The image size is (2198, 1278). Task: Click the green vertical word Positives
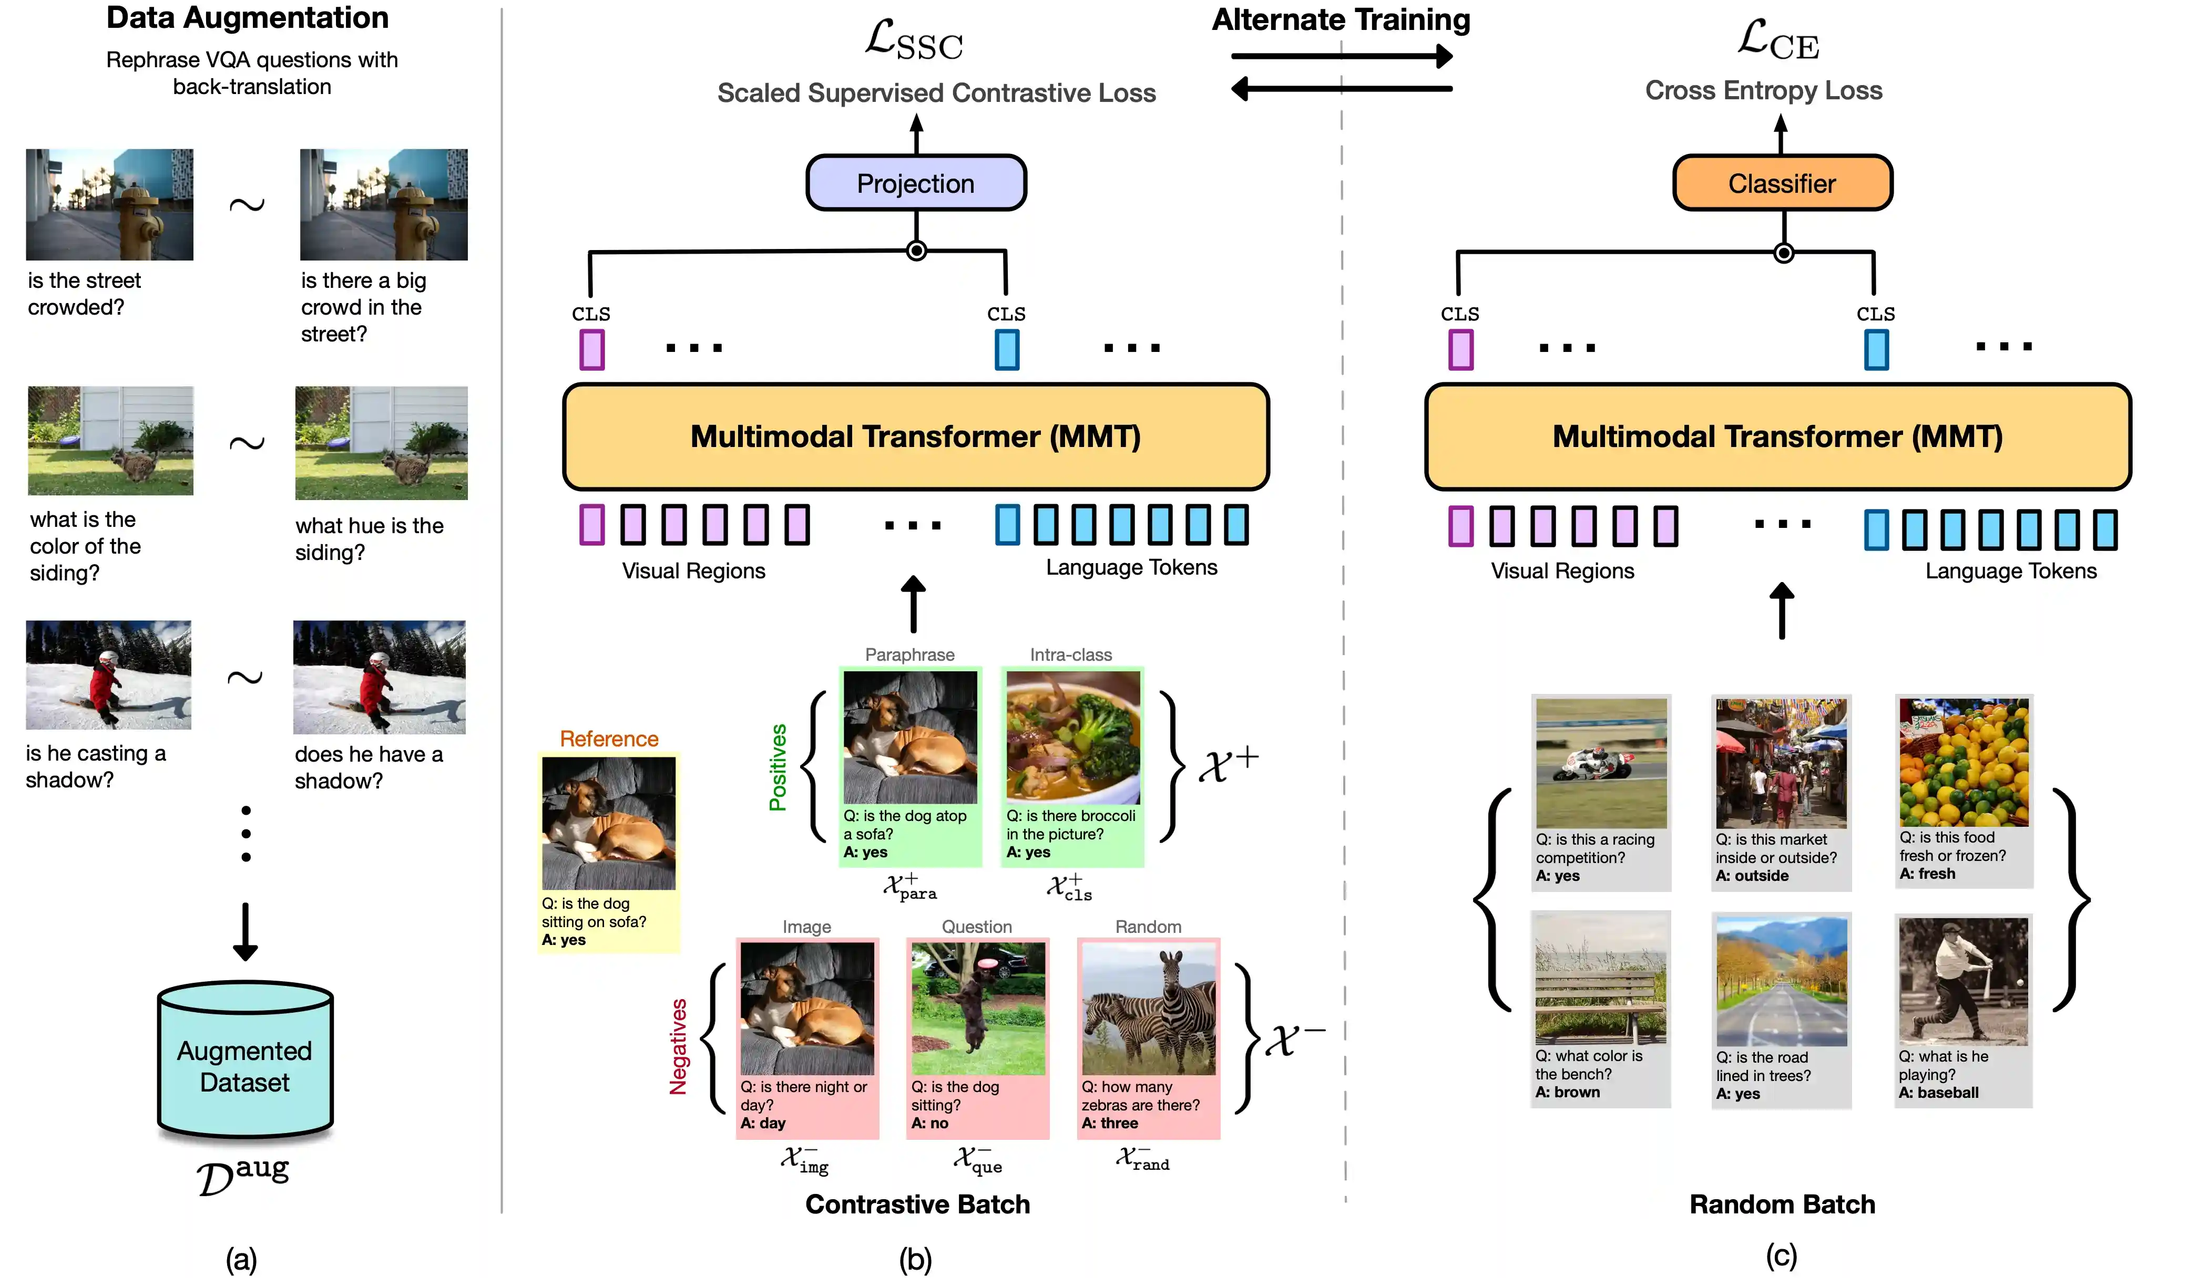point(777,767)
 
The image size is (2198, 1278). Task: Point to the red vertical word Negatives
point(678,1046)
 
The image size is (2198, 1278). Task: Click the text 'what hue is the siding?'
point(369,539)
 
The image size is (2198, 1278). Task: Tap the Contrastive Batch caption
point(917,1204)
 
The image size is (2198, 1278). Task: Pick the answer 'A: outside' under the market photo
point(1752,875)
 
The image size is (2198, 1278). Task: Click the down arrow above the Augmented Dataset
point(245,931)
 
